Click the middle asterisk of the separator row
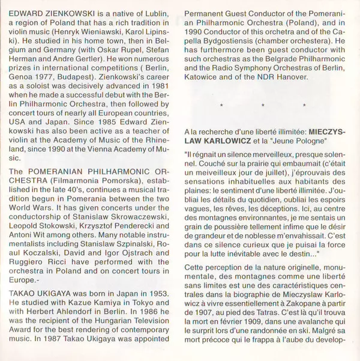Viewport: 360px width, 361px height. (x=263, y=106)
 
